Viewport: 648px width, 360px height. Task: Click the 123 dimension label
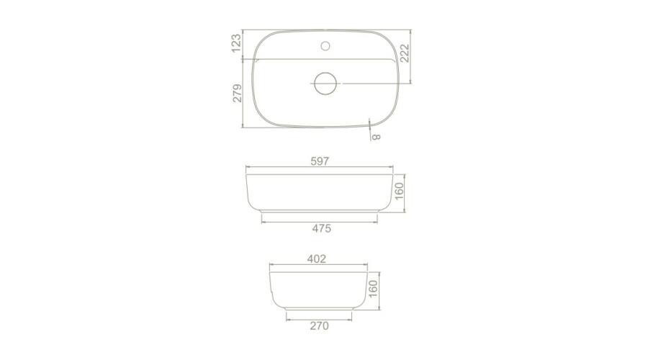click(x=236, y=43)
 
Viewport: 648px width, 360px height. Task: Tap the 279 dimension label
click(x=237, y=94)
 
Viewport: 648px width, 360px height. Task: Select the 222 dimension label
click(x=405, y=53)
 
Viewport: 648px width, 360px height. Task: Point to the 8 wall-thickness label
click(x=376, y=136)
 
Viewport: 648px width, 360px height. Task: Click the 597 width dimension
click(x=320, y=161)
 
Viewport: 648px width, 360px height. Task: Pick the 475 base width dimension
click(x=322, y=228)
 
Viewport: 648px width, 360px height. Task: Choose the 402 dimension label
click(x=317, y=258)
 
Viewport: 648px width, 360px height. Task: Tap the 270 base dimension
click(x=320, y=325)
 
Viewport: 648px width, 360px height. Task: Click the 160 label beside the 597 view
click(x=399, y=192)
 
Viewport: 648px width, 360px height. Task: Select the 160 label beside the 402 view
click(x=373, y=289)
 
